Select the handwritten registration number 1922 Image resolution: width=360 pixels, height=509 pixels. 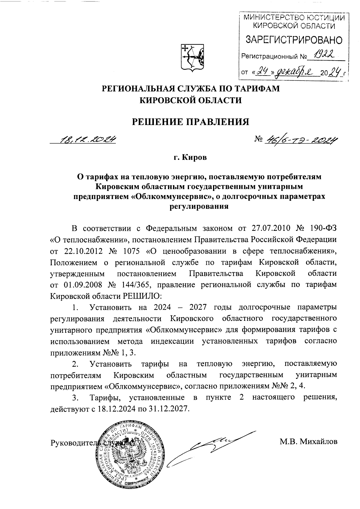click(x=325, y=54)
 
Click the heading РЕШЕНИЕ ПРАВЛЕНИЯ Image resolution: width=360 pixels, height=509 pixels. click(x=191, y=121)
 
